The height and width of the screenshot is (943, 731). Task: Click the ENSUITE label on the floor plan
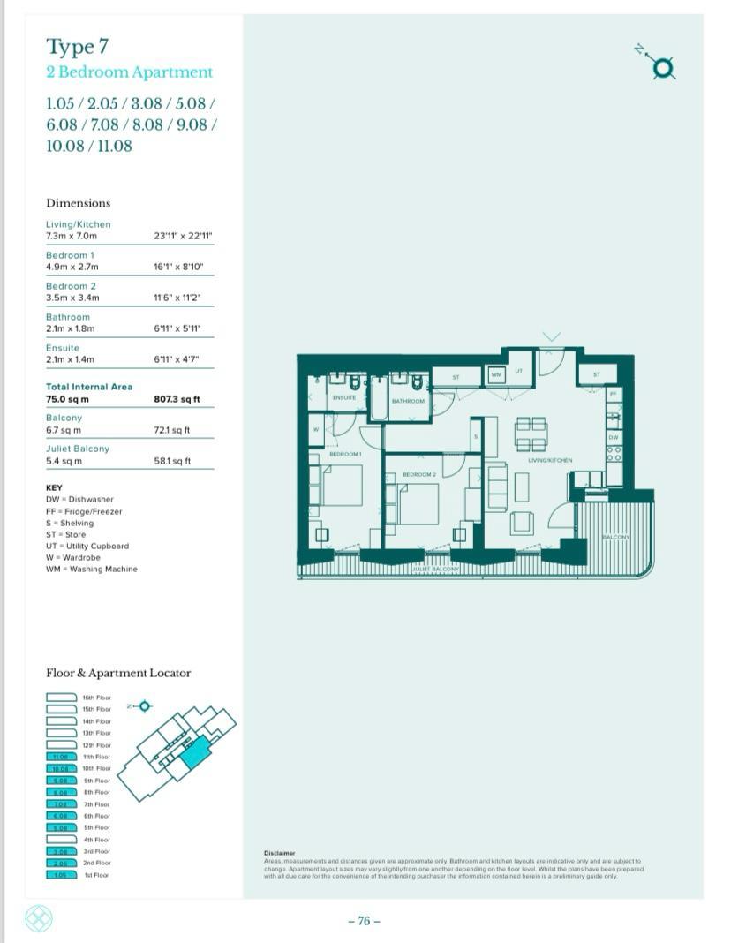coord(343,398)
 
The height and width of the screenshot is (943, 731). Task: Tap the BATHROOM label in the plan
coord(408,401)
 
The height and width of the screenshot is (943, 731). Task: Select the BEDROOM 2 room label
coord(419,474)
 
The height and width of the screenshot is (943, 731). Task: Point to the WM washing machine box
coord(496,375)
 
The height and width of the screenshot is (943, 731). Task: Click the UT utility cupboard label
coord(518,371)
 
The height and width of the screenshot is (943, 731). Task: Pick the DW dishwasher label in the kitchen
coord(614,437)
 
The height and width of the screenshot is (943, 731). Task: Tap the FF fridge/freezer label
coord(614,394)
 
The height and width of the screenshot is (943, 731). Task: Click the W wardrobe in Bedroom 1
coord(316,431)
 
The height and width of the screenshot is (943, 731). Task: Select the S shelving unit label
coord(476,436)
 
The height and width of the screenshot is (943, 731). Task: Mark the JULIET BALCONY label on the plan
coord(435,570)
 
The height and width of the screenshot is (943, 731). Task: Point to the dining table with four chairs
coord(531,433)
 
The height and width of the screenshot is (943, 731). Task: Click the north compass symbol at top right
coord(663,67)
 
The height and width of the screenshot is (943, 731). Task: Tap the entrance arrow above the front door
coord(552,337)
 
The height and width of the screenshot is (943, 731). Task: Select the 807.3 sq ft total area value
coord(177,399)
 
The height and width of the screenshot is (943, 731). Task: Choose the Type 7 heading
coord(78,46)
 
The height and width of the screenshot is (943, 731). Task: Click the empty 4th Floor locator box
coord(61,839)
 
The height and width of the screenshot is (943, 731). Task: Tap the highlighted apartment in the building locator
coord(192,751)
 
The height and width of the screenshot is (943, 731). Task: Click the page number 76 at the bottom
coord(365,921)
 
